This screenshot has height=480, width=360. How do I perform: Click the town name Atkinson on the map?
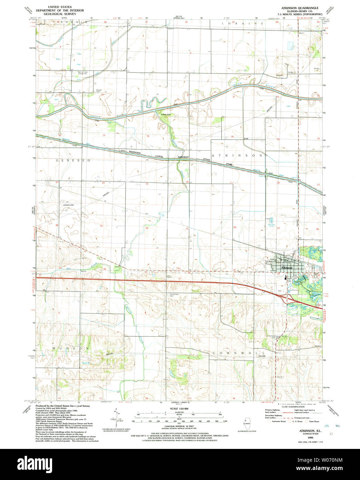pyautogui.click(x=287, y=268)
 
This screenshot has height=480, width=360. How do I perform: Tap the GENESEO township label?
pyautogui.click(x=73, y=160)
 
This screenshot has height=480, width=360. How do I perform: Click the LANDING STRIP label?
pyautogui.click(x=69, y=205)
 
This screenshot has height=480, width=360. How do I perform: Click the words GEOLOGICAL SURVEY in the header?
pyautogui.click(x=61, y=14)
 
